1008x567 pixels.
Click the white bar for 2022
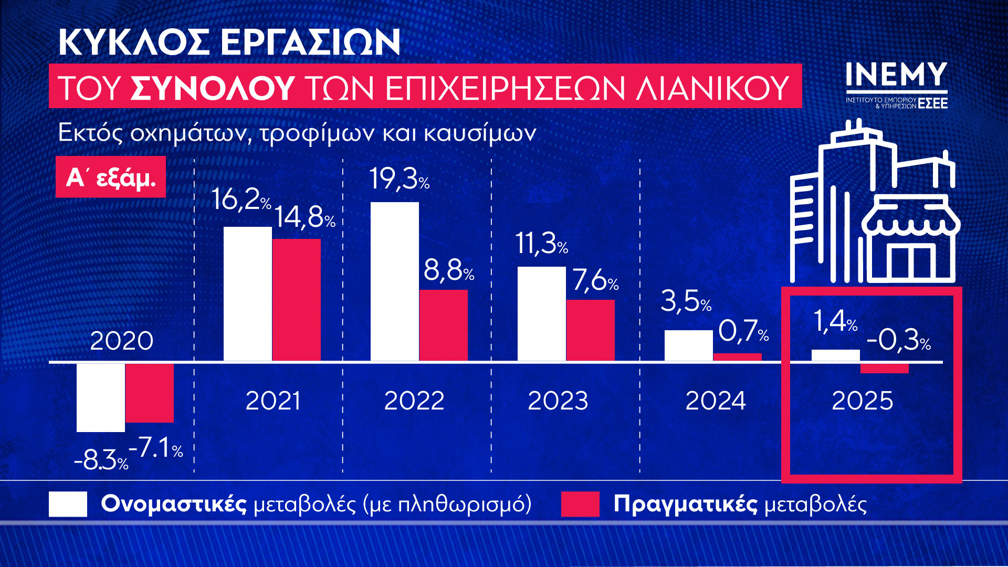click(395, 281)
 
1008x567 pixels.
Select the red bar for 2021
click(296, 300)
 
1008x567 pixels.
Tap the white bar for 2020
click(101, 397)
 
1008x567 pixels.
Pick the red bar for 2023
click(590, 330)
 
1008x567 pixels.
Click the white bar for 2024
click(688, 345)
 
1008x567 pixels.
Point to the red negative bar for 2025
click(884, 369)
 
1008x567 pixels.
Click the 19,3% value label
click(399, 180)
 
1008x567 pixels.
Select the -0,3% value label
click(898, 340)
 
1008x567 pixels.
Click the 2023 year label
click(558, 401)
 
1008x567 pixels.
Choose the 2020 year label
click(121, 341)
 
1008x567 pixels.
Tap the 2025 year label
click(862, 401)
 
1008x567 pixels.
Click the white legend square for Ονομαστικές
click(68, 504)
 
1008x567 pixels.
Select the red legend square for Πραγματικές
click(580, 504)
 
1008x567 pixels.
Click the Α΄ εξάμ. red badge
click(111, 177)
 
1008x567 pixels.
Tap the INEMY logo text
click(896, 76)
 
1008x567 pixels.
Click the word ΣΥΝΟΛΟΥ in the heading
click(212, 88)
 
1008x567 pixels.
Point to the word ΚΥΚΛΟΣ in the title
click(134, 42)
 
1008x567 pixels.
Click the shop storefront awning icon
click(911, 218)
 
